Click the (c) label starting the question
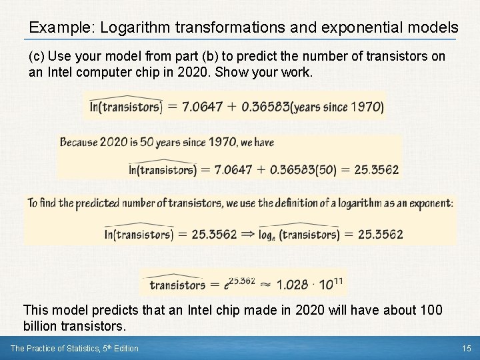[37, 56]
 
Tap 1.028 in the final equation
[292, 285]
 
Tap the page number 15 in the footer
[466, 348]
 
